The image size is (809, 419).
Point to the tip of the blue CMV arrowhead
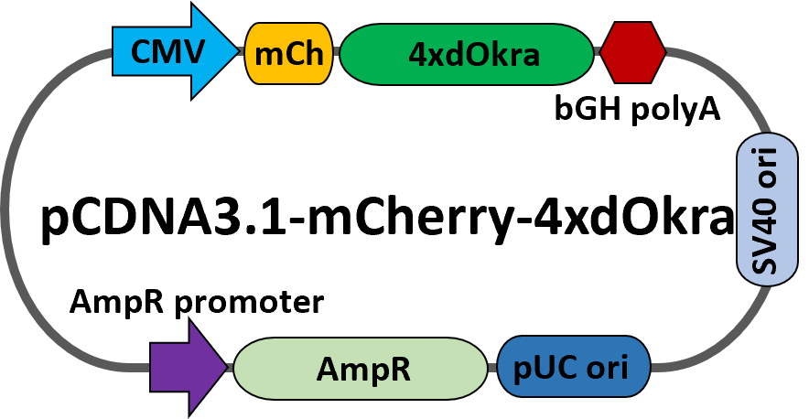coord(236,51)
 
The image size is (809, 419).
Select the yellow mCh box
coord(288,53)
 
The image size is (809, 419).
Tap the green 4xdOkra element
coord(467,54)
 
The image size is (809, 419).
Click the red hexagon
coord(632,53)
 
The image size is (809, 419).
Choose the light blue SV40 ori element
coord(767,209)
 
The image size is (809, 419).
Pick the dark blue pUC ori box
coord(574,367)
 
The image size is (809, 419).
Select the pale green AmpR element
coord(361,368)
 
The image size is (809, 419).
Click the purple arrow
coord(183,367)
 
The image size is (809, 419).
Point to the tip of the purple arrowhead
coord(226,367)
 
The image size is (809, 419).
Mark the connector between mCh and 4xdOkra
coord(336,52)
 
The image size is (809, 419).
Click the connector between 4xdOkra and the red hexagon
coord(598,52)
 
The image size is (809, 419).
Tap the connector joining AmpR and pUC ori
coord(492,368)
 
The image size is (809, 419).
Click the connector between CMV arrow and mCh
coord(242,52)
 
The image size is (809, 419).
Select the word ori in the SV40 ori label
coord(767,170)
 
